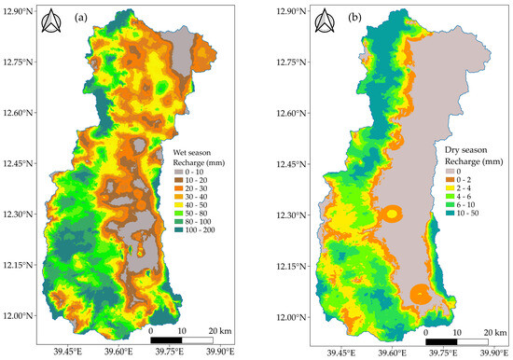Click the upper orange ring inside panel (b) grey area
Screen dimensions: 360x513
point(394,215)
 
